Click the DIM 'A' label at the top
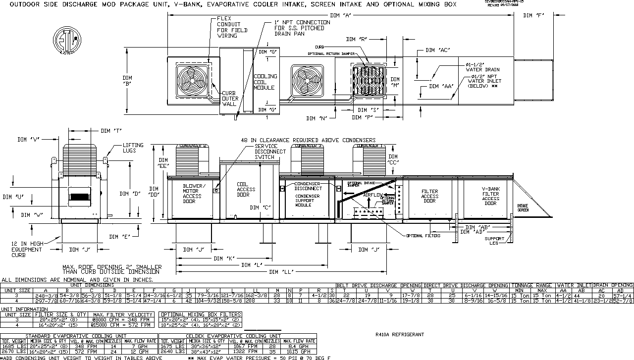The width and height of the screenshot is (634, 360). pyautogui.click(x=340, y=15)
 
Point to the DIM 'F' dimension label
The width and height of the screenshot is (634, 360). pyautogui.click(x=533, y=15)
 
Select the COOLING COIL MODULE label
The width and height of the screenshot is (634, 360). pyautogui.click(x=265, y=82)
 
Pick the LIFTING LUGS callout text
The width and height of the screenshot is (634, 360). pyautogui.click(x=133, y=148)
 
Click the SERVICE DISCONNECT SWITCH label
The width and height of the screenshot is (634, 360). pyautogui.click(x=270, y=152)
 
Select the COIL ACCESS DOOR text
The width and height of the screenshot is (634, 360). pyautogui.click(x=246, y=189)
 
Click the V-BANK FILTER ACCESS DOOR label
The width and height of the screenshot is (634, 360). pyautogui.click(x=490, y=196)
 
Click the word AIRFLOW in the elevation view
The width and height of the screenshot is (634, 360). pyautogui.click(x=374, y=196)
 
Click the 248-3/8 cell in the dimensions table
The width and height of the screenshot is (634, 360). pyautogui.click(x=46, y=295)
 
